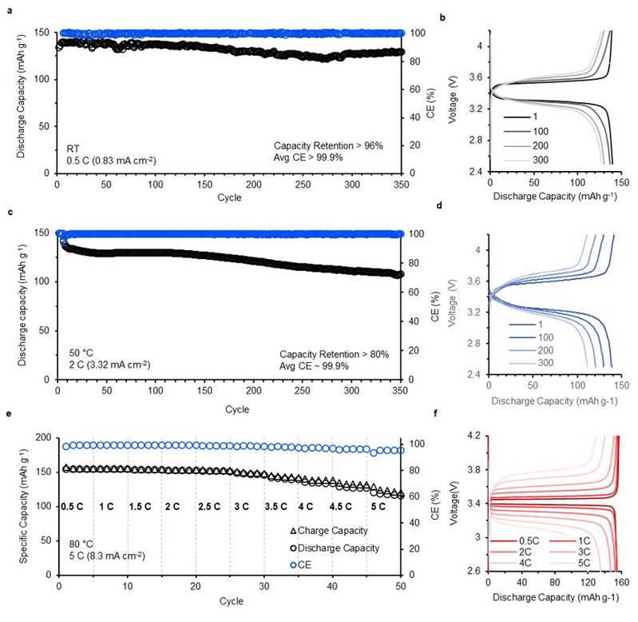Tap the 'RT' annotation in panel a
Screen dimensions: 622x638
click(73, 149)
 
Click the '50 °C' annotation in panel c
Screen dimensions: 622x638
click(80, 351)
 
